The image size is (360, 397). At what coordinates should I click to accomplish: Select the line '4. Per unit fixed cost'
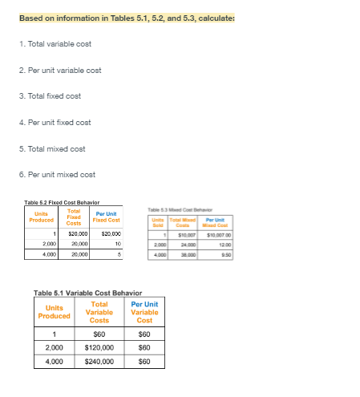click(49, 122)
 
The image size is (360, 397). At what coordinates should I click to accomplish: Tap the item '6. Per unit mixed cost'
click(51, 175)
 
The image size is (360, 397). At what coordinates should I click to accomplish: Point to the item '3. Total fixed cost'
click(45, 95)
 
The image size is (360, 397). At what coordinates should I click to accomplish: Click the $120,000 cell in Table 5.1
click(99, 348)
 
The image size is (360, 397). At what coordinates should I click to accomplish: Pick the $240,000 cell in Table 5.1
click(99, 362)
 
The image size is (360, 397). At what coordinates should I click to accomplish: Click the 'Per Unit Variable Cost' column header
click(144, 312)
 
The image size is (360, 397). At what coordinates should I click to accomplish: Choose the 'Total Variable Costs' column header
click(99, 312)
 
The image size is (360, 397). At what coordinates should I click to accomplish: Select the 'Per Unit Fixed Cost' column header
click(107, 217)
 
